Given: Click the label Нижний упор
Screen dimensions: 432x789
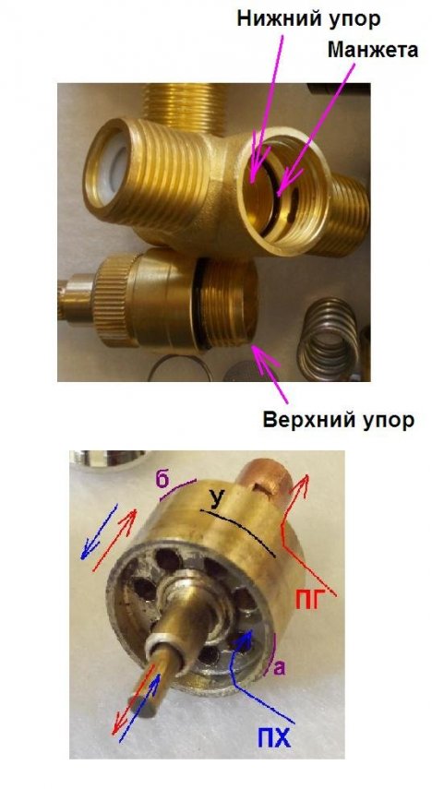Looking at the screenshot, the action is pyautogui.click(x=308, y=19).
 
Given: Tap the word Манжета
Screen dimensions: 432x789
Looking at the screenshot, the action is pyautogui.click(x=373, y=51).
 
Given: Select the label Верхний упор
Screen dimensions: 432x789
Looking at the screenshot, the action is pyautogui.click(x=339, y=420).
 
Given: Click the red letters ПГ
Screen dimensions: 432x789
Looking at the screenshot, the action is pyautogui.click(x=307, y=601).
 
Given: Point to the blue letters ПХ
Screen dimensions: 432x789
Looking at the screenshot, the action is pyautogui.click(x=274, y=740).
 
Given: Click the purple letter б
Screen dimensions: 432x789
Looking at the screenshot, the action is pyautogui.click(x=162, y=480).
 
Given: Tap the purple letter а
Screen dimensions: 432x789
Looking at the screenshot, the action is pyautogui.click(x=280, y=668).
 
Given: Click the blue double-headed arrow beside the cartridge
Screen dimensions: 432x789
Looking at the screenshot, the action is pyautogui.click(x=99, y=532).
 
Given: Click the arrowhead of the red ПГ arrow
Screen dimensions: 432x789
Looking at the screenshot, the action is pyautogui.click(x=303, y=483).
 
